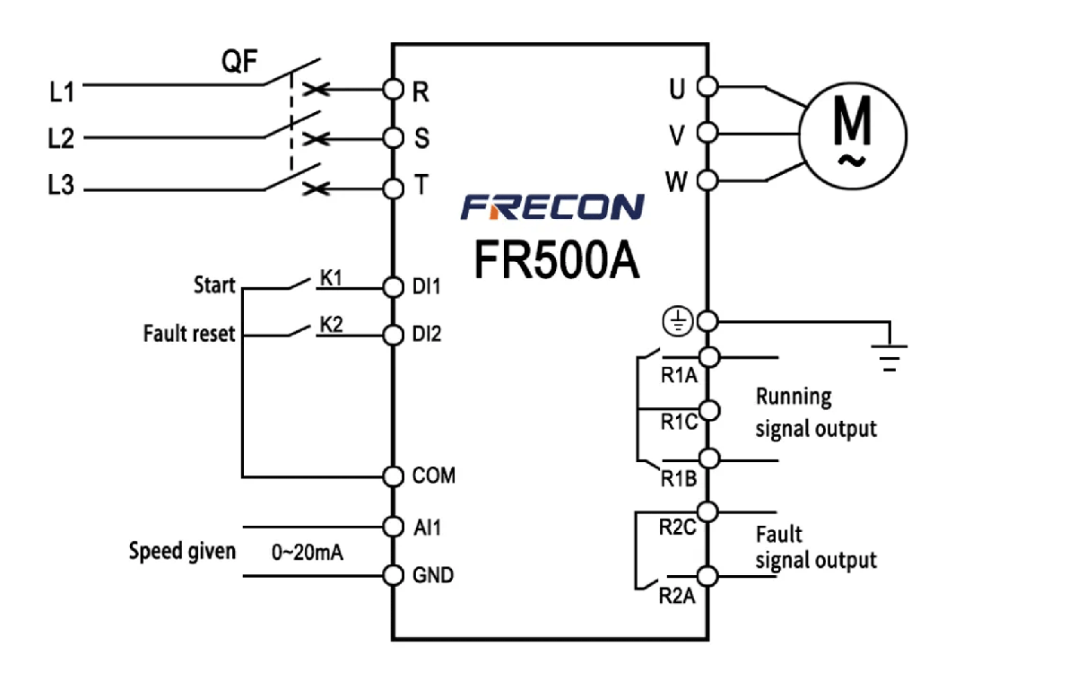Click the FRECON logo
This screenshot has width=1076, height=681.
pos(552,207)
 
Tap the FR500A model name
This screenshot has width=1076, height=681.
pos(557,259)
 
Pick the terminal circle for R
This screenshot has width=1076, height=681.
pos(392,89)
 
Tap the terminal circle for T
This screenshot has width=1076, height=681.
pos(392,188)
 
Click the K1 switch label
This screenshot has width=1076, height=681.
pos(332,277)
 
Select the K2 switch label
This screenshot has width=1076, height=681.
pos(332,325)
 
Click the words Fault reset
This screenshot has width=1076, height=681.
pos(188,334)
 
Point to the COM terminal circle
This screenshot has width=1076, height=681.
pos(392,476)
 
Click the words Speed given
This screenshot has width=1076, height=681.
pos(182,550)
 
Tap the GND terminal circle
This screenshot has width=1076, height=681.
pos(392,575)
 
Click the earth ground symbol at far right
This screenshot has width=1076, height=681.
pos(889,357)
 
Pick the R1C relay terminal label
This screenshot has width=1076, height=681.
pos(679,423)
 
